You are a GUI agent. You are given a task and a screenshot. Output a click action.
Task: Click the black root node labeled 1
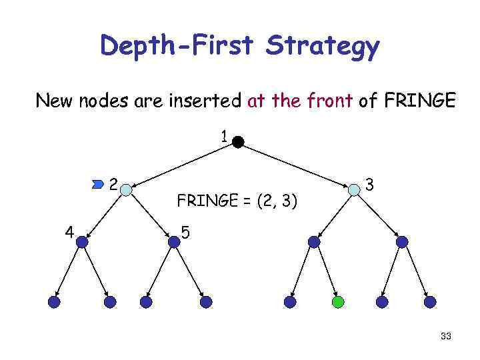pyautogui.click(x=238, y=141)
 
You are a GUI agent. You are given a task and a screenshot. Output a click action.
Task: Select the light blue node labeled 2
pyautogui.click(x=127, y=188)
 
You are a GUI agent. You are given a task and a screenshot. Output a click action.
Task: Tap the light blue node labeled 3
pyautogui.click(x=354, y=189)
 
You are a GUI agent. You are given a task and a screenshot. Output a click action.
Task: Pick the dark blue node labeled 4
pyautogui.click(x=82, y=242)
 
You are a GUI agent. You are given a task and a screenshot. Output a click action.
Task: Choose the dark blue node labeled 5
pyautogui.click(x=174, y=242)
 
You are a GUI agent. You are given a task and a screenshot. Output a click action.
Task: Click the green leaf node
pyautogui.click(x=338, y=302)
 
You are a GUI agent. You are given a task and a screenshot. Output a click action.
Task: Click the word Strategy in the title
pyautogui.click(x=323, y=47)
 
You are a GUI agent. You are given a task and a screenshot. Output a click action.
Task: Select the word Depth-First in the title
pyautogui.click(x=177, y=47)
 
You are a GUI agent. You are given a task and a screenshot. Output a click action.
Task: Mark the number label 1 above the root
pyautogui.click(x=225, y=137)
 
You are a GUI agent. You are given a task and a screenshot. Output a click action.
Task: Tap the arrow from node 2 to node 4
pyautogui.click(x=105, y=215)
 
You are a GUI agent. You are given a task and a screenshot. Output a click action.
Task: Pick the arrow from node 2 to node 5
pyautogui.click(x=150, y=215)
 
